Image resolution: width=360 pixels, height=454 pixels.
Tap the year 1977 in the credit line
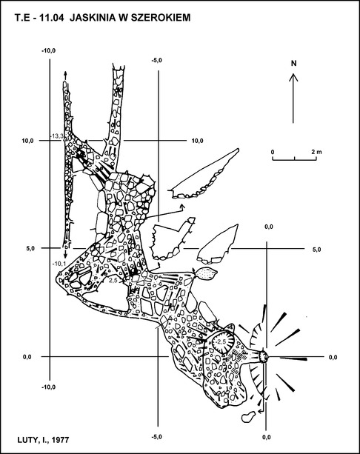[x=61, y=440]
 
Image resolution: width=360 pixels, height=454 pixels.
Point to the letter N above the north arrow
[x=293, y=63]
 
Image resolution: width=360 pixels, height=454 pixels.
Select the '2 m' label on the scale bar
[x=316, y=152]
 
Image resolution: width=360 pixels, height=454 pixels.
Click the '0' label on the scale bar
[x=273, y=152]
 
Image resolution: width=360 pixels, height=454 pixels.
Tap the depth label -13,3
[x=56, y=136]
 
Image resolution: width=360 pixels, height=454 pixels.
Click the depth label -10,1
[x=59, y=264]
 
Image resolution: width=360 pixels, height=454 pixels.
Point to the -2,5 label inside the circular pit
[x=221, y=342]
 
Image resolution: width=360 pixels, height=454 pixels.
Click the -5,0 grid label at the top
[x=157, y=60]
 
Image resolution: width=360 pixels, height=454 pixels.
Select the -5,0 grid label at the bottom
[x=157, y=437]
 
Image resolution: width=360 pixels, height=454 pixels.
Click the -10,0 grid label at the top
[x=48, y=50]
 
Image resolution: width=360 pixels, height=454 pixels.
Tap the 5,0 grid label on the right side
[x=316, y=250]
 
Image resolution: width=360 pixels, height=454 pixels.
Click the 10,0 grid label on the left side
[x=28, y=141]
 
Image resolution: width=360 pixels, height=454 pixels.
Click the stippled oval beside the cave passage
[x=206, y=273]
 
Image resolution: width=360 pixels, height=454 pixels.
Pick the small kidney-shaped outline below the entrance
[x=248, y=416]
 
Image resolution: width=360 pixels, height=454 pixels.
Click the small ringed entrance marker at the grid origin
[x=264, y=356]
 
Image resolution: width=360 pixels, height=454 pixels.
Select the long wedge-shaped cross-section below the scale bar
[x=204, y=176]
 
